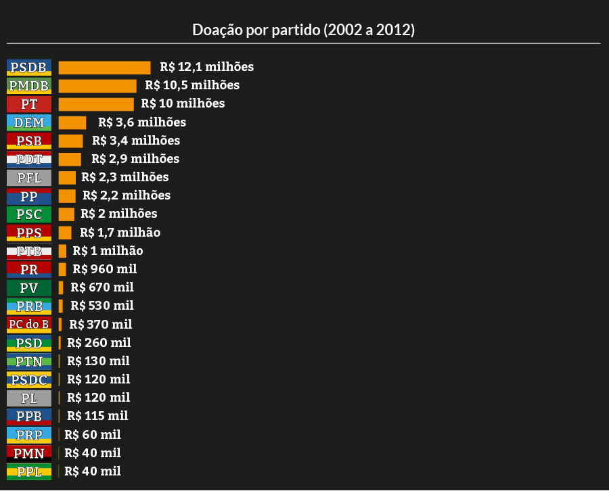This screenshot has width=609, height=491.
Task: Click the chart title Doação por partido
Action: (x=304, y=30)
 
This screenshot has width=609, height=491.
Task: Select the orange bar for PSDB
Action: (x=104, y=68)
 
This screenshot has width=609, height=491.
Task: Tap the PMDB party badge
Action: (x=29, y=86)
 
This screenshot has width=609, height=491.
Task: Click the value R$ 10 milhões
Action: (x=183, y=103)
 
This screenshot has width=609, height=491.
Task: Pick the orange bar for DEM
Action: (x=72, y=122)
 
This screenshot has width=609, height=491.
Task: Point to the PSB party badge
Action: (x=29, y=141)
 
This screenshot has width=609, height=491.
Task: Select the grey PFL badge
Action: (x=29, y=178)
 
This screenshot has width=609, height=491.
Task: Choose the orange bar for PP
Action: (x=67, y=196)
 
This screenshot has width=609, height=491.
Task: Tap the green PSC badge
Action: (x=29, y=214)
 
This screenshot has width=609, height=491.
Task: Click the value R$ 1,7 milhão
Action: (x=120, y=233)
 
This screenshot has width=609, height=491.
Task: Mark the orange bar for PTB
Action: (x=62, y=251)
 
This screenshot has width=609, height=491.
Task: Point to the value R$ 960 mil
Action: (x=105, y=269)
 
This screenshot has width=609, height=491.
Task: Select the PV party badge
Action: (x=29, y=288)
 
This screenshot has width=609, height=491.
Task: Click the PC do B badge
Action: (x=29, y=324)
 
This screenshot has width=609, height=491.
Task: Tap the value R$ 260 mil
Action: (x=99, y=343)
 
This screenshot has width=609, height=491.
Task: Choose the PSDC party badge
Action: (x=29, y=379)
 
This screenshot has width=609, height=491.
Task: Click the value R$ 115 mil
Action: (x=97, y=416)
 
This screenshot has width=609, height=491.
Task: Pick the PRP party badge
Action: (x=29, y=434)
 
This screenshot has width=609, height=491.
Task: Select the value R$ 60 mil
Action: (x=93, y=434)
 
